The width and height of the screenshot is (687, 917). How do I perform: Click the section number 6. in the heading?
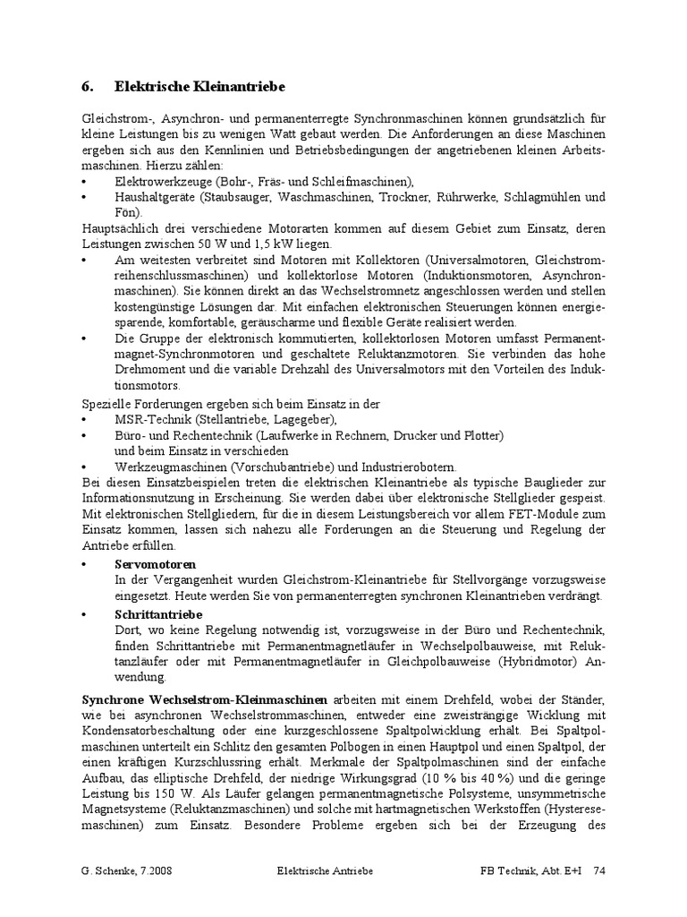pos(88,87)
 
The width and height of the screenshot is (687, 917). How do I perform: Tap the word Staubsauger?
pos(239,196)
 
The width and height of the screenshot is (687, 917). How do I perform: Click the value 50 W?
pos(191,244)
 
